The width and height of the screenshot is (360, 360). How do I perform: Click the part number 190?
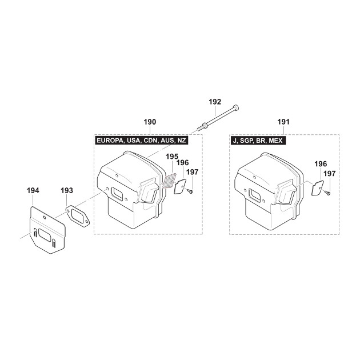[150, 122]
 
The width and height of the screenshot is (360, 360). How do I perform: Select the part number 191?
[283, 122]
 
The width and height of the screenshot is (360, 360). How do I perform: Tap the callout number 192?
[215, 102]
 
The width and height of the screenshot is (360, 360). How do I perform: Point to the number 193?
[67, 190]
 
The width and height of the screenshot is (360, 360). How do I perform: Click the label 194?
[33, 190]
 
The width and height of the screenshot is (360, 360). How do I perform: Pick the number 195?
[172, 157]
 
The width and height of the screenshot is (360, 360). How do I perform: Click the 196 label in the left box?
[182, 163]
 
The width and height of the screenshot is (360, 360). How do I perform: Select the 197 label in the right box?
[330, 174]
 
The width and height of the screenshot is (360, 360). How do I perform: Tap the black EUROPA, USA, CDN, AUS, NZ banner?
[142, 140]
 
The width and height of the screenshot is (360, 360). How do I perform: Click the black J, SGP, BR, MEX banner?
[258, 140]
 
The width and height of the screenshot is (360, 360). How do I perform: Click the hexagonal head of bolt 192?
[235, 107]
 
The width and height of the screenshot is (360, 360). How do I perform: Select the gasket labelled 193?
[78, 216]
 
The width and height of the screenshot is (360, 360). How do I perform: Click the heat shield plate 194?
[48, 230]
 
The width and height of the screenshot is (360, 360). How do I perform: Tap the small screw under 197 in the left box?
[190, 190]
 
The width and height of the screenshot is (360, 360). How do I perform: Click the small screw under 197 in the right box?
[327, 193]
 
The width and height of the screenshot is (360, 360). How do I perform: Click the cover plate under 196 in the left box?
[180, 187]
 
